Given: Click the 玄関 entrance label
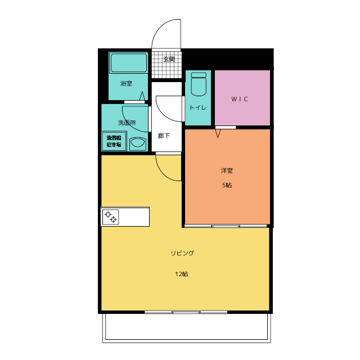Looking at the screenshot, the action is tap(169, 59).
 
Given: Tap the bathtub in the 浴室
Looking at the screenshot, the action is tap(129, 62).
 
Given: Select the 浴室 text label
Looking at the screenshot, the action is tap(126, 83).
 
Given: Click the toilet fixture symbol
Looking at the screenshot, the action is tap(199, 84).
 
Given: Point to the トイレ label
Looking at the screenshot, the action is tap(198, 107).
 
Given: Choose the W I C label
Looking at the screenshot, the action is tap(240, 99).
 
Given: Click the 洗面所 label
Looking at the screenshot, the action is tap(127, 123).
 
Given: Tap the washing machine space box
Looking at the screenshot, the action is tap(114, 141).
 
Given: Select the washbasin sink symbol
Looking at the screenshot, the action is tap(137, 143).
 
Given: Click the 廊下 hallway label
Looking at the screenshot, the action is tap(164, 136).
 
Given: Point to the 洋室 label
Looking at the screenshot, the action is tap(227, 170).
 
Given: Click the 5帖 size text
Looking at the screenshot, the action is tap(227, 185).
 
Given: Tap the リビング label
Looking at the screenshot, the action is tap(182, 253).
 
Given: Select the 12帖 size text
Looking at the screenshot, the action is tap(182, 274).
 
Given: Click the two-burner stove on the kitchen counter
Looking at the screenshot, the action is tap(111, 217).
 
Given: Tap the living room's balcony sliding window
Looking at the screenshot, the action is tap(186, 312).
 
